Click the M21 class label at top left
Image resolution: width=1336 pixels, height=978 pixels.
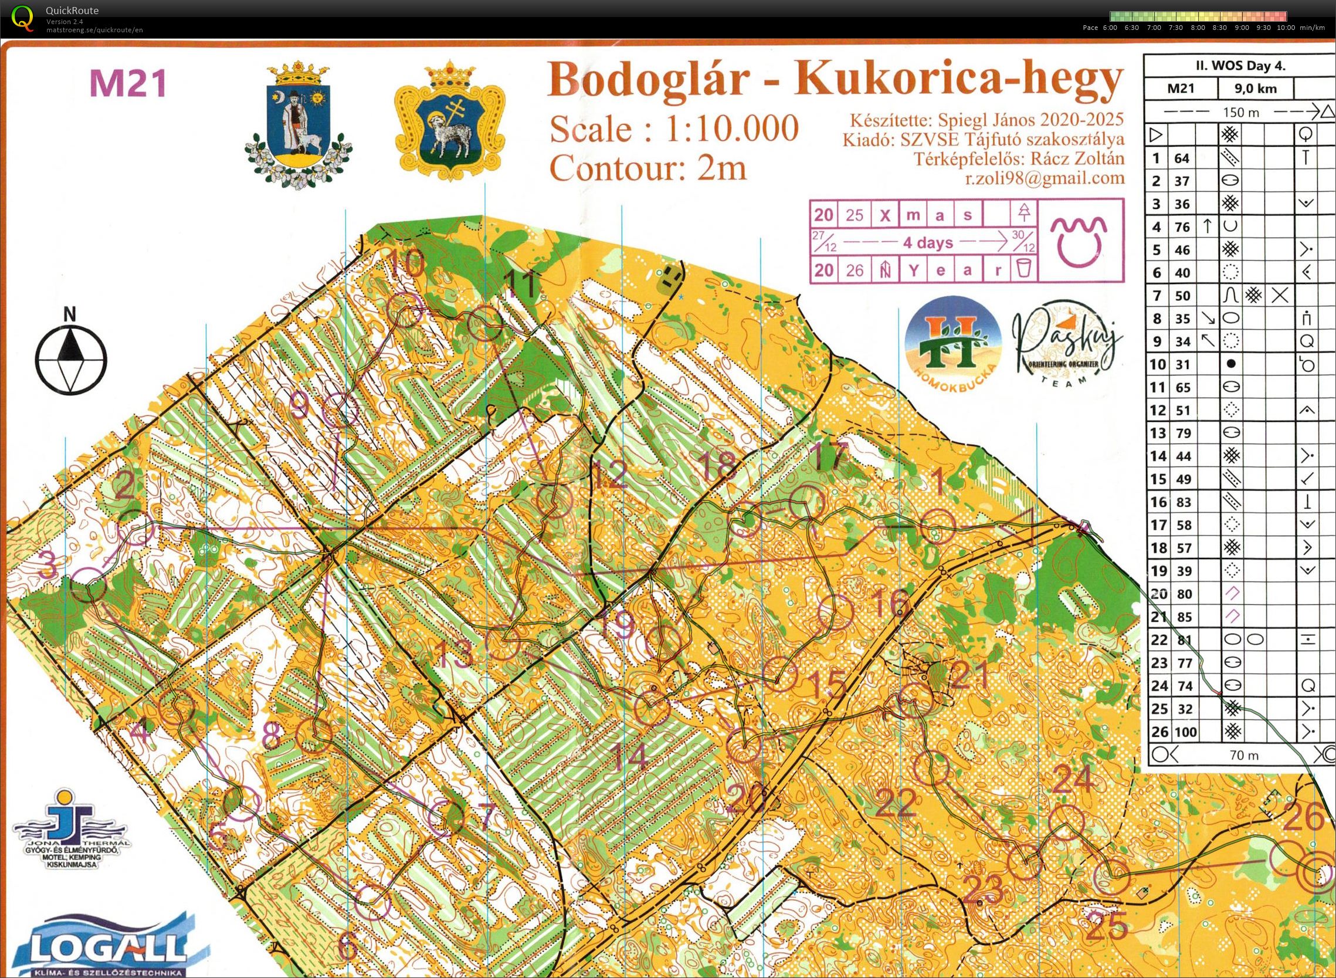coord(128,83)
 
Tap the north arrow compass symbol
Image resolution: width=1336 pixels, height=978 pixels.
coord(70,359)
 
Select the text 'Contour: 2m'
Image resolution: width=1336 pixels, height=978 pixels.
coord(648,168)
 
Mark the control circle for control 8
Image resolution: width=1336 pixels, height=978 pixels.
coord(313,736)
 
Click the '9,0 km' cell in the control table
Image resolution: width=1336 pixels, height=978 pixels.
coord(1256,89)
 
